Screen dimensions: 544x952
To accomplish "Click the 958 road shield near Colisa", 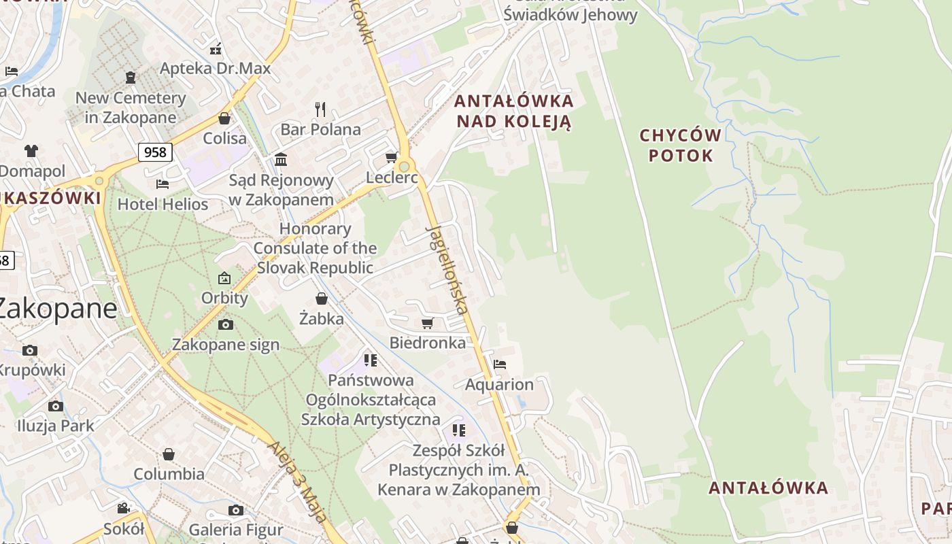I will point(155,152).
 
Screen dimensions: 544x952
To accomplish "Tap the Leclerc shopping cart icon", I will point(391,158).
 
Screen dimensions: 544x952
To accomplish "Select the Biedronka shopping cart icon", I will point(427,324).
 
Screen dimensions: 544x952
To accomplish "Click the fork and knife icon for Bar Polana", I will point(320,109).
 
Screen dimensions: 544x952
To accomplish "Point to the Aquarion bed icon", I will point(500,364).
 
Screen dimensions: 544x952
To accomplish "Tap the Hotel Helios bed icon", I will point(162,184).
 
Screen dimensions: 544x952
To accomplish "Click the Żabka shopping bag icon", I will point(321,299).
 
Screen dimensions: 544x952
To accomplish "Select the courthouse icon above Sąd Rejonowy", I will point(280,160).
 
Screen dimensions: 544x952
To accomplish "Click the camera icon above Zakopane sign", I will point(226,325).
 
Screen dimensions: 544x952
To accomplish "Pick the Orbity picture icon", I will point(224,278).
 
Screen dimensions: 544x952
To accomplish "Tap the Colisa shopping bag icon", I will point(224,118).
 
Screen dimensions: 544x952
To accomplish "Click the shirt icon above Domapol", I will point(31,150).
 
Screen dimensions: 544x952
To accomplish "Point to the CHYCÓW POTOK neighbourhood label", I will point(680,145).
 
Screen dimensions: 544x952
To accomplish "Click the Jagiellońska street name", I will point(447,269).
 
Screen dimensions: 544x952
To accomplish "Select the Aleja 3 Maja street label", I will point(298,479).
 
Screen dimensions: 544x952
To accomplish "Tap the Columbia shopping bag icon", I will point(169,454).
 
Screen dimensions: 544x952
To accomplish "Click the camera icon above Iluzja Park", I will point(56,407).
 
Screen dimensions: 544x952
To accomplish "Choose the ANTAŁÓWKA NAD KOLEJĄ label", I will point(514,112).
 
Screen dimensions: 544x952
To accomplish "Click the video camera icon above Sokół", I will point(123,509).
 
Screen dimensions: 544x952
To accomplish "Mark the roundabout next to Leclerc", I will point(405,167).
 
